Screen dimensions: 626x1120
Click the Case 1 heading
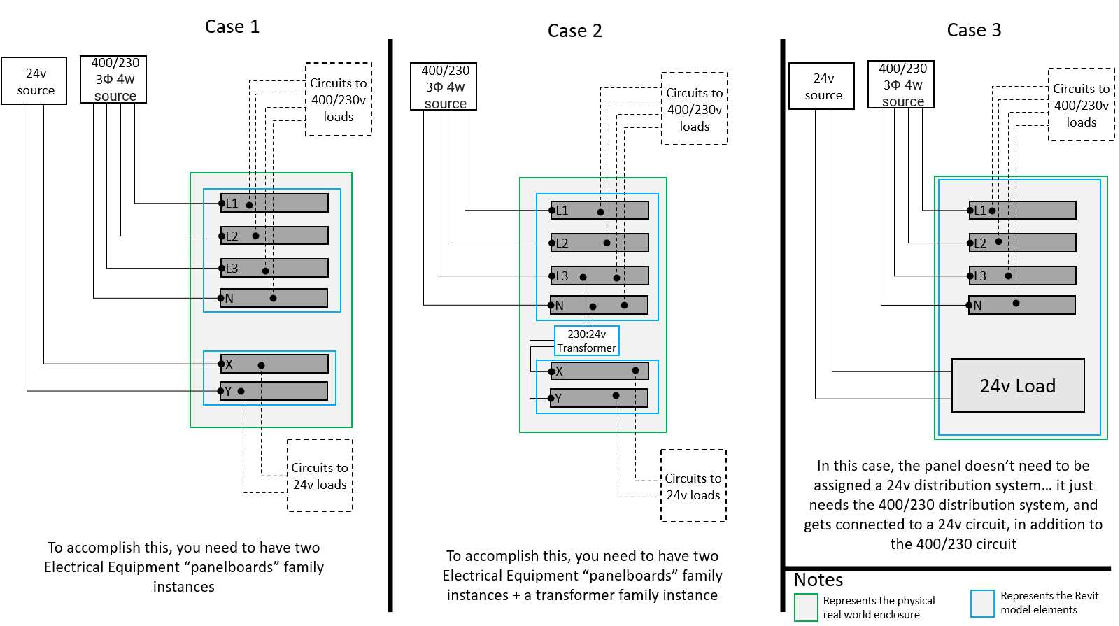[x=232, y=27]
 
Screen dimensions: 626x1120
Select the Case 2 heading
[x=574, y=31]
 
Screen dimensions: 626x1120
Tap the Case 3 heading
[x=974, y=31]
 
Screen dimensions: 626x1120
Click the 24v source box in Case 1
[x=34, y=81]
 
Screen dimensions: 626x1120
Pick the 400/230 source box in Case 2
[x=444, y=87]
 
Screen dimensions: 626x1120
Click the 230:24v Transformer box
[x=586, y=341]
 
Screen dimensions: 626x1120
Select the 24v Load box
[x=1018, y=386]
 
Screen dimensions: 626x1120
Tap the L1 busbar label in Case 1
[x=232, y=204]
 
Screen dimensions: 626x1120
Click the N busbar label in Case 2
[x=559, y=306]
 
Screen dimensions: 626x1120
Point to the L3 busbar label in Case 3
[x=980, y=276]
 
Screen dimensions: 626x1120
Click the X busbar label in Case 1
[x=229, y=364]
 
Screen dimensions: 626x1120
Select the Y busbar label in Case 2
[x=558, y=399]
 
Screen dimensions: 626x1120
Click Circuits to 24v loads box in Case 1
[x=320, y=476]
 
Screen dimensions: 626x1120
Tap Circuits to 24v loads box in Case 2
[x=693, y=486]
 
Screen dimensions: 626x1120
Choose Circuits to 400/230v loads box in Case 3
[x=1081, y=105]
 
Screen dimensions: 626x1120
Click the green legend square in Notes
[x=806, y=607]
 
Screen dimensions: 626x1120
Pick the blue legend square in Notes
[x=982, y=604]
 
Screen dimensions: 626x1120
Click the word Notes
[x=818, y=581]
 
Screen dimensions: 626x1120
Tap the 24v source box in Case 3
[x=822, y=86]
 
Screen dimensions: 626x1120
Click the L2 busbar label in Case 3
[x=980, y=243]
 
